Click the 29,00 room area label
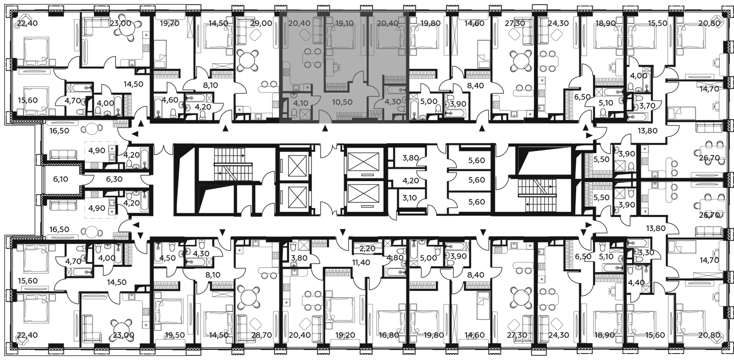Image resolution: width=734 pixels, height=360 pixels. pyautogui.click(x=261, y=23)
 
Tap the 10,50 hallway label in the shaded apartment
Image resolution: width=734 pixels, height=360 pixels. pyautogui.click(x=342, y=102)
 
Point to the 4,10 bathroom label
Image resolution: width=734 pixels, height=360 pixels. pyautogui.click(x=300, y=103)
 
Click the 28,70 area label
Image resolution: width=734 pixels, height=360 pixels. pyautogui.click(x=261, y=335)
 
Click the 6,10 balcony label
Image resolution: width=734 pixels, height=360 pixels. pyautogui.click(x=61, y=179)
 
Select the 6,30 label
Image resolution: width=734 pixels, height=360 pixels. pyautogui.click(x=114, y=179)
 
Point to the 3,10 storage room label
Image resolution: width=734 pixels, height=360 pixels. pyautogui.click(x=410, y=198)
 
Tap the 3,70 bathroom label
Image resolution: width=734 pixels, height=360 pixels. pyautogui.click(x=644, y=105)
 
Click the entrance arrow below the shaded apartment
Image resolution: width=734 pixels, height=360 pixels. pyautogui.click(x=325, y=129)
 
